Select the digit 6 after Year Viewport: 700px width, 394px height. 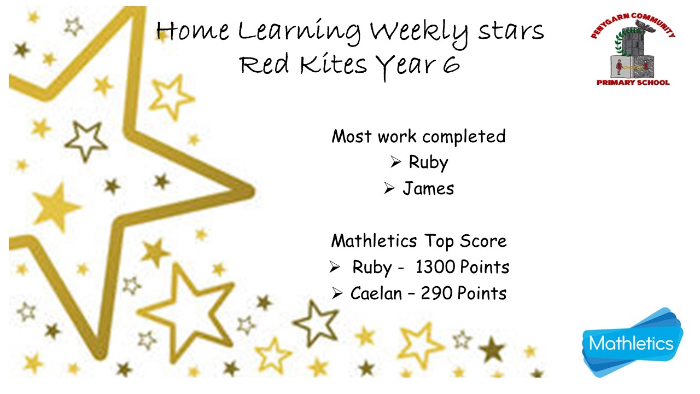(x=451, y=65)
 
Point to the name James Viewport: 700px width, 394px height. (x=428, y=189)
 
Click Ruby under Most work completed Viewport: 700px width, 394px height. (x=428, y=163)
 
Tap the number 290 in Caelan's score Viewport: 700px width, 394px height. (x=436, y=293)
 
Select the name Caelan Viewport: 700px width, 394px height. (x=376, y=293)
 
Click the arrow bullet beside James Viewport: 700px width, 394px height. (x=389, y=188)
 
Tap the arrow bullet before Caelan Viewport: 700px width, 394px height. (x=337, y=293)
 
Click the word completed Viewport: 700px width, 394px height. (x=464, y=137)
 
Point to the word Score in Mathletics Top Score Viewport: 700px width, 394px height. (x=483, y=241)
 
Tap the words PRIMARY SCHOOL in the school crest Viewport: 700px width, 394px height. (x=633, y=83)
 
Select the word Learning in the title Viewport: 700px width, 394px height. (x=299, y=33)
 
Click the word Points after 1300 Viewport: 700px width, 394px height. (x=485, y=267)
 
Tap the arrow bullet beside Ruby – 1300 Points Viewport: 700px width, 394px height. (x=335, y=267)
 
